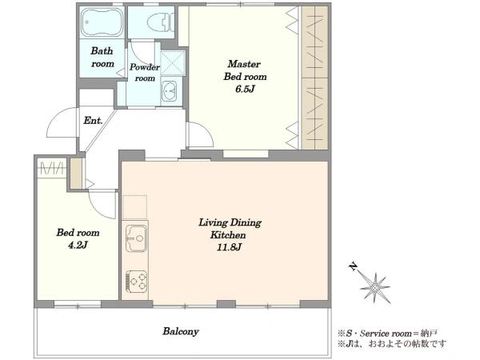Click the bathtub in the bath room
click(102, 22)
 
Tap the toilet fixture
click(161, 22)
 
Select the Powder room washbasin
click(169, 90)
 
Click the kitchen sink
click(136, 238)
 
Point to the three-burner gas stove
click(136, 281)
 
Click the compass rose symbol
click(375, 287)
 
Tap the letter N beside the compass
click(353, 266)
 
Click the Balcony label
click(181, 331)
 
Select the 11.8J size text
click(229, 247)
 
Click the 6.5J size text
click(245, 89)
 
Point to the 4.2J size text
click(78, 246)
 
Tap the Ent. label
click(93, 121)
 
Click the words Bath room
click(102, 58)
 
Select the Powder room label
click(145, 73)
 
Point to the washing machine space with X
click(173, 63)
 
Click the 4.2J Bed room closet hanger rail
click(52, 169)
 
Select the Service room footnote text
click(387, 333)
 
